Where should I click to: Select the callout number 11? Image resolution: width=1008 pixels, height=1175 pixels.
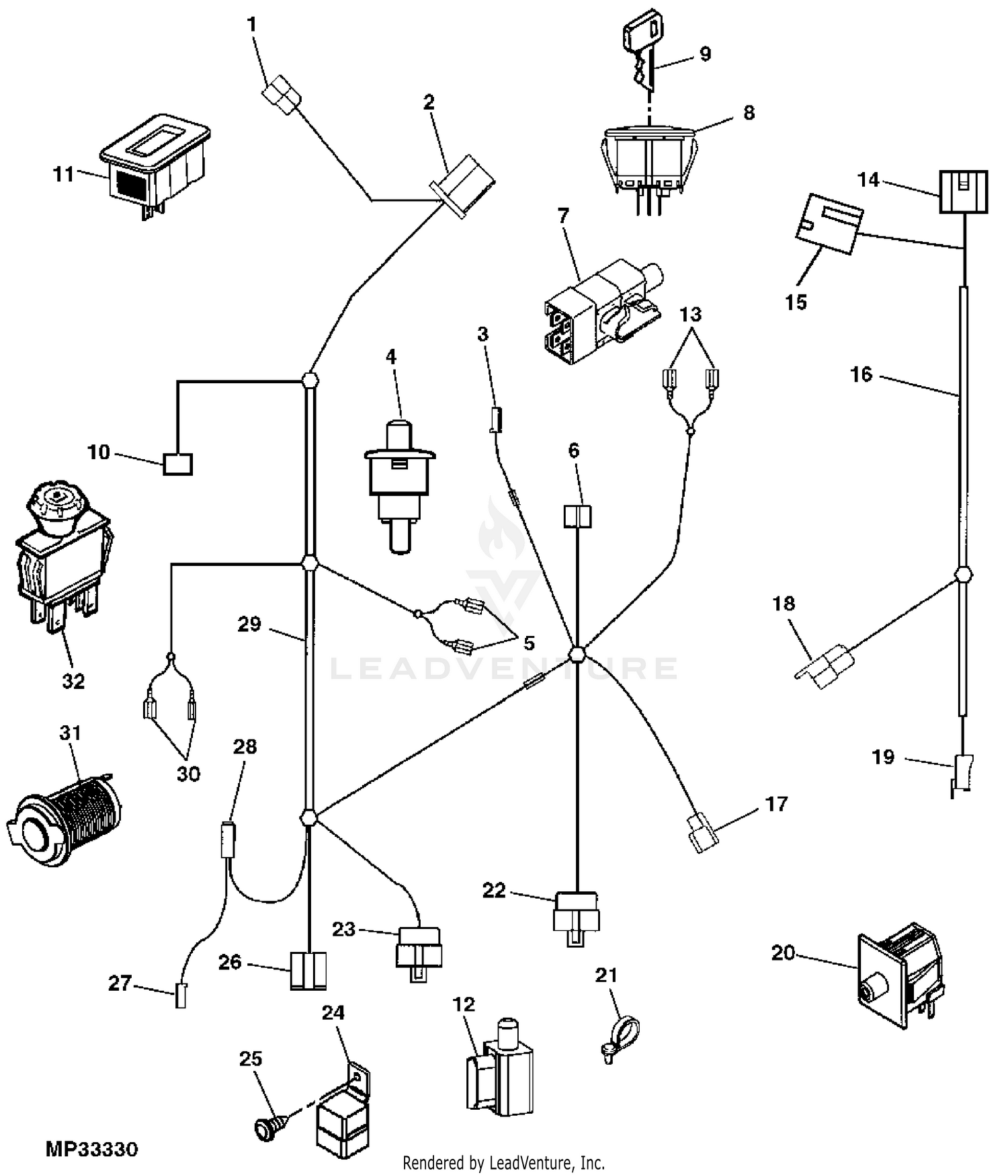63,175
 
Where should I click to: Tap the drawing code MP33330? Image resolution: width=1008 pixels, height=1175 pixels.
91,1149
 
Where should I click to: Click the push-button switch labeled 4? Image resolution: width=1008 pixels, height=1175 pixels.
399,484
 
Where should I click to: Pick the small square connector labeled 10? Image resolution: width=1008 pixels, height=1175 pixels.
178,464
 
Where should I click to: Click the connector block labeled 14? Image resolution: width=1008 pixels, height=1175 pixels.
963,192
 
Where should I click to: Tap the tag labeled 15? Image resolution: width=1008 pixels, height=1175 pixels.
829,224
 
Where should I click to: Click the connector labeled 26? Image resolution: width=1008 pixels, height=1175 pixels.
308,971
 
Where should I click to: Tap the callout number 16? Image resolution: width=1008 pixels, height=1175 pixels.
861,374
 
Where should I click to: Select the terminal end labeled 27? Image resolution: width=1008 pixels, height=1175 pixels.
180,994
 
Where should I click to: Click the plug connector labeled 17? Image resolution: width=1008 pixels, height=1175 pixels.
702,832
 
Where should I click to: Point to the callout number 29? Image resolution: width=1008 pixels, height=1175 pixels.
249,624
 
